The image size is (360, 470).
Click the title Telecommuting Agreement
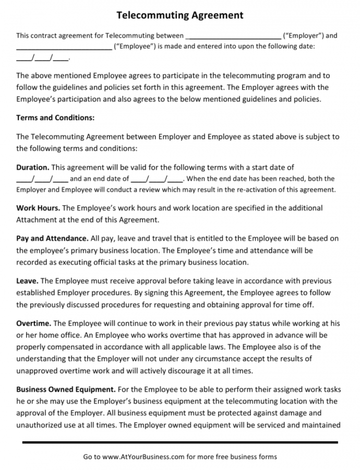click(179, 15)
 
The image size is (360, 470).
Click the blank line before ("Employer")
click(233, 37)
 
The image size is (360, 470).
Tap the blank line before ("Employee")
click(64, 47)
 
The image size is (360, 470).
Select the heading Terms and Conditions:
click(55, 118)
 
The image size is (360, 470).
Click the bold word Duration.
click(32, 168)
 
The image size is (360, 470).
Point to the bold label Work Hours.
click(38, 208)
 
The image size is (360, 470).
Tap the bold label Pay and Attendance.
click(52, 239)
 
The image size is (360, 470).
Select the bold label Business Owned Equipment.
click(66, 389)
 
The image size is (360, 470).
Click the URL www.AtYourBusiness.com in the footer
click(143, 456)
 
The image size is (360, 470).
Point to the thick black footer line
click(180, 442)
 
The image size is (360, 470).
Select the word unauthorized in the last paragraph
click(40, 425)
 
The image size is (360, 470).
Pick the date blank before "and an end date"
click(42, 179)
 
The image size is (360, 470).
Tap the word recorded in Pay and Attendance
click(32, 262)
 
